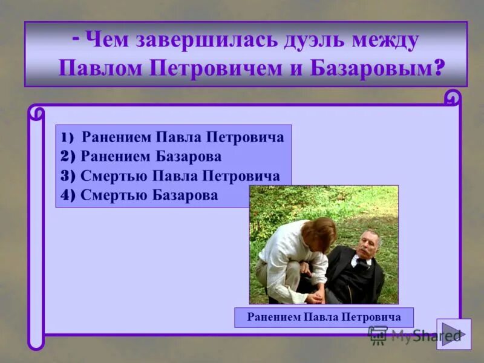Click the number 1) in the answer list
[x=67, y=137]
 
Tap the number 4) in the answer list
[x=68, y=195]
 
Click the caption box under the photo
[x=324, y=317]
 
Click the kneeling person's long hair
[x=321, y=236]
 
